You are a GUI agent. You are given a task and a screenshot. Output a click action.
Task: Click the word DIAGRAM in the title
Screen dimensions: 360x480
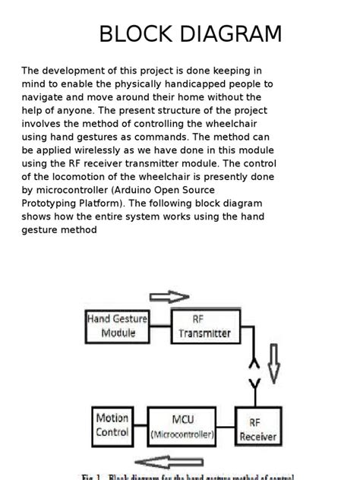coord(226,34)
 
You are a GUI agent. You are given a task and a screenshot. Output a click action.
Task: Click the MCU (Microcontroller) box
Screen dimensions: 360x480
coord(182,428)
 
